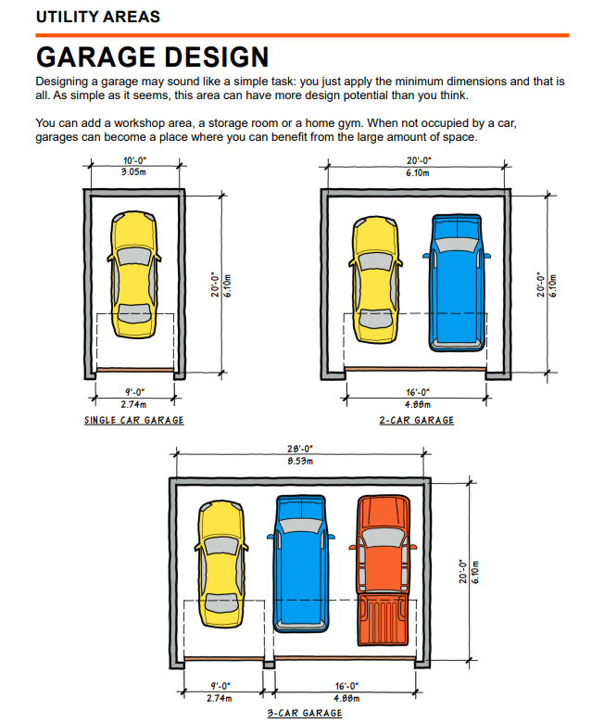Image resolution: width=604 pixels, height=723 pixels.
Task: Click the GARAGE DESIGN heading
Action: click(x=152, y=57)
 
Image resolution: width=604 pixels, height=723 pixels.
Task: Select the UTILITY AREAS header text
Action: click(x=97, y=17)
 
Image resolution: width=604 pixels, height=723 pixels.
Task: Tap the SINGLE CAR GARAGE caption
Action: click(x=134, y=420)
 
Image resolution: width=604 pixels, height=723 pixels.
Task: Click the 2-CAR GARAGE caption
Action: click(x=417, y=420)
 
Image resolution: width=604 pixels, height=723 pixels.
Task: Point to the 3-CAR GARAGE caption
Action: click(x=304, y=713)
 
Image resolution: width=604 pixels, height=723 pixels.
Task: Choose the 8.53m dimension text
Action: click(x=299, y=460)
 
